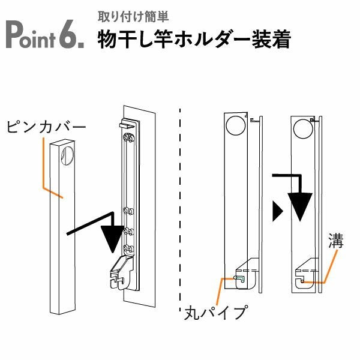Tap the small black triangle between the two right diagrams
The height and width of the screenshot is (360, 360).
(x=277, y=211)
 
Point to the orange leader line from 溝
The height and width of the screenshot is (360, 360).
(x=328, y=267)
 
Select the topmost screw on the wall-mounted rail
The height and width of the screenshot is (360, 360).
(x=127, y=138)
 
